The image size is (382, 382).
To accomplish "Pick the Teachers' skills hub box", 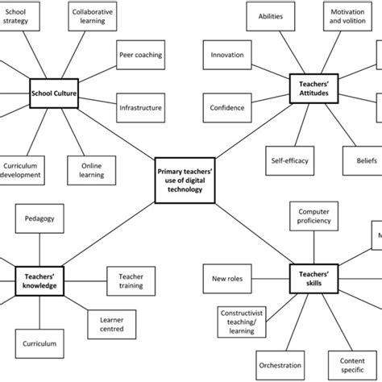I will pos(312,277).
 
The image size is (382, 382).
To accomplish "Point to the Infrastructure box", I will pos(140,107).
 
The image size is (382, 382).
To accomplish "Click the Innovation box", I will pos(227,55).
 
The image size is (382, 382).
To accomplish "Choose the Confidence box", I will pos(227,107).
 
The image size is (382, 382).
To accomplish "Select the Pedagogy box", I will pos(40,218).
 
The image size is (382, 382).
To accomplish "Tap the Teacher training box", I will pos(131,280).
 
